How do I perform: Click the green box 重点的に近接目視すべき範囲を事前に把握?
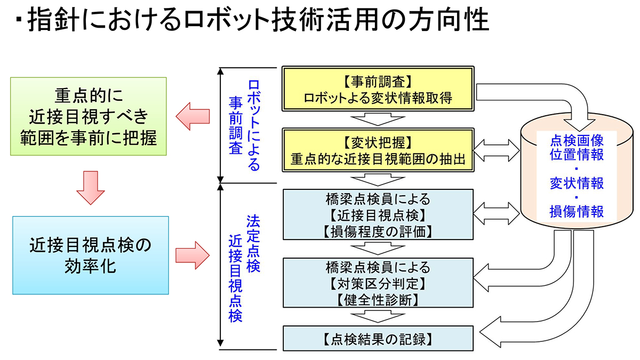(90, 117)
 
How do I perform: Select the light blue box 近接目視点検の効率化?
(90, 255)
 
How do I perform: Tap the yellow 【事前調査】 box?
(378, 90)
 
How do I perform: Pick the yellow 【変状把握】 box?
(378, 150)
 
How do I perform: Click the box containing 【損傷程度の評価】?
(378, 214)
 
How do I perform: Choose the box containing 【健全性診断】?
(378, 282)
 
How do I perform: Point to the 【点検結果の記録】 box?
(378, 338)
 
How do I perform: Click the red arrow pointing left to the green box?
(193, 116)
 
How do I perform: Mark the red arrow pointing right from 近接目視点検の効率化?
(193, 255)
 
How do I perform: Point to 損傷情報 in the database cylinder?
(577, 211)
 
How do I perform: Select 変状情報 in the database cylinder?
(577, 183)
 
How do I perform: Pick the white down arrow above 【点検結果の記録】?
(378, 316)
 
